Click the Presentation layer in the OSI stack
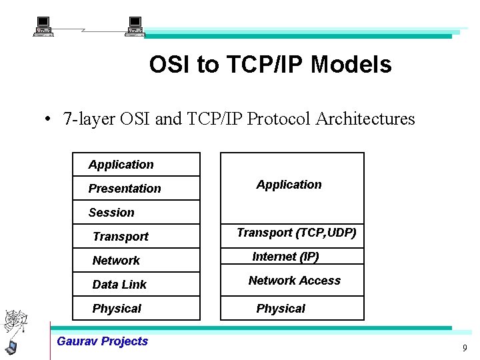coord(125,189)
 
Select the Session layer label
coord(111,213)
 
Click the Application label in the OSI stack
coord(121,165)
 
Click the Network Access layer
coord(293,281)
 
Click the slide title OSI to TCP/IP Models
coord(270,65)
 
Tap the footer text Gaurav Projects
coord(103,341)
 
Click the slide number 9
coord(465,348)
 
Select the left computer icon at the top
coord(43,27)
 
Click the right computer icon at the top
coord(135,27)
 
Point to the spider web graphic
coord(15,322)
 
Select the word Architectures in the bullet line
coord(365,119)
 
